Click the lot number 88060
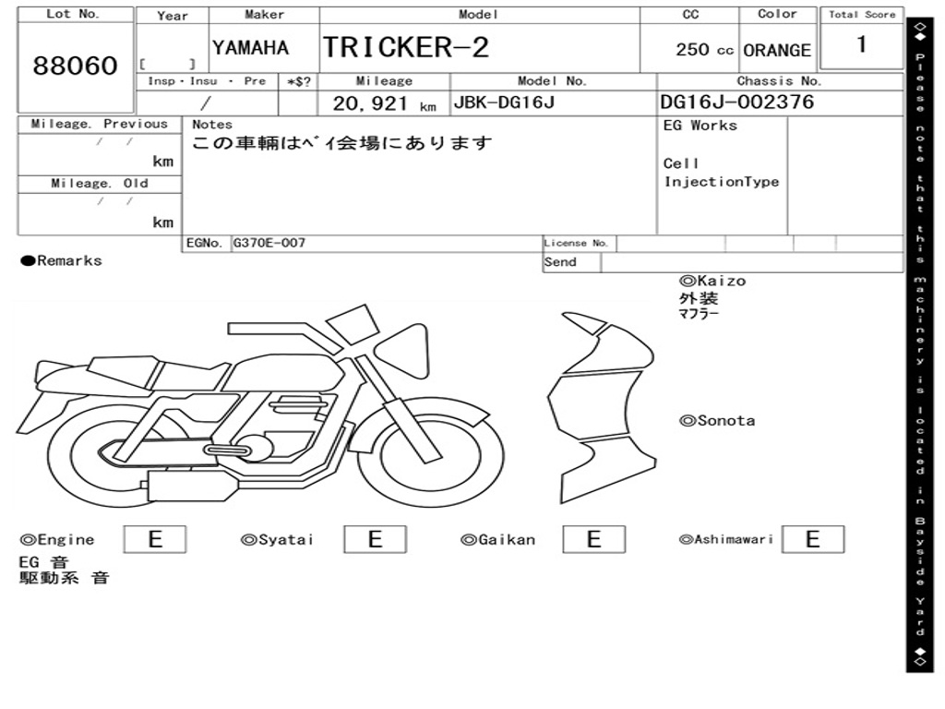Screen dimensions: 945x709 [x=76, y=66]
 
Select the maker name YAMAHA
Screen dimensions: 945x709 [x=250, y=48]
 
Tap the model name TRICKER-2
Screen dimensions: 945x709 [x=405, y=47]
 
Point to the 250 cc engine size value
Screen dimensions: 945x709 [x=704, y=50]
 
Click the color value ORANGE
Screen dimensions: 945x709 [x=777, y=51]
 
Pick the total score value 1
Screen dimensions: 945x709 [x=861, y=44]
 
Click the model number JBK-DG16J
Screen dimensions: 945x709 [x=503, y=102]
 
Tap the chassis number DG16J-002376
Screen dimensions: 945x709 [x=737, y=102]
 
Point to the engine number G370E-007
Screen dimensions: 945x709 [x=269, y=244]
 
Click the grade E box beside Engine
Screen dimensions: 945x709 [x=155, y=539]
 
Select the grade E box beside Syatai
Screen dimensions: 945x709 [x=375, y=539]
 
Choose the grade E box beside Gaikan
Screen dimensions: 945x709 [x=593, y=539]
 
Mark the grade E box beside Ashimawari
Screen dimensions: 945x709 [x=812, y=539]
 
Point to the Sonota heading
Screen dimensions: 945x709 [x=717, y=421]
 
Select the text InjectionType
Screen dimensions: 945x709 [x=722, y=182]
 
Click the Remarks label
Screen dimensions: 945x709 [x=63, y=261]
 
